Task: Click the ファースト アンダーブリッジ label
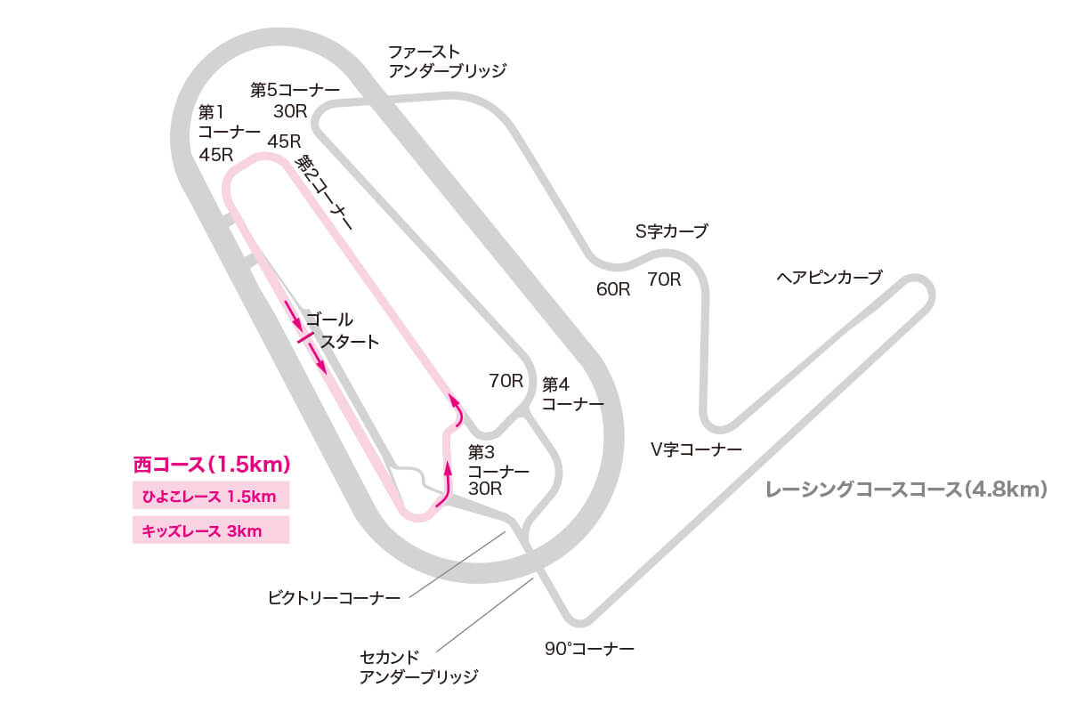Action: pos(447,61)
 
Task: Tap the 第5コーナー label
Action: pos(295,90)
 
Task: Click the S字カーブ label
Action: pos(671,232)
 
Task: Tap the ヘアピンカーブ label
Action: pos(829,278)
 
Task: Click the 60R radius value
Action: pos(613,289)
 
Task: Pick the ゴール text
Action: pos(329,319)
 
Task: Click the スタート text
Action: pos(350,341)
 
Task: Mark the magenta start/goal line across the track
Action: pos(304,338)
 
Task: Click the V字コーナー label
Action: pos(695,450)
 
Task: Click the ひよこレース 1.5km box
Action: pos(211,497)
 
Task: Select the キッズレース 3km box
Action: pos(211,531)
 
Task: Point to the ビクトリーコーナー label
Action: pos(334,597)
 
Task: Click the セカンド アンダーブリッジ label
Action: pos(418,667)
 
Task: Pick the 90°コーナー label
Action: pos(589,649)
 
